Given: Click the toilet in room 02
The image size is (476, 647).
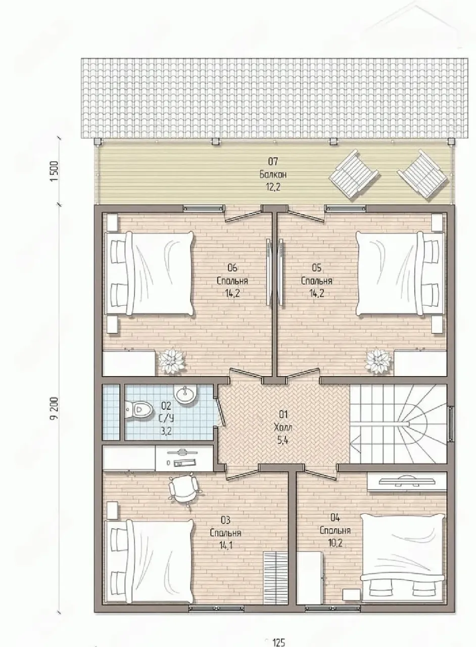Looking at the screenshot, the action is tap(139, 409).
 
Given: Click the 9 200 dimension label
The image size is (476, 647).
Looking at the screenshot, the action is tap(56, 408).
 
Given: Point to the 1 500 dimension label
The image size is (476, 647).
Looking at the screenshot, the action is tap(55, 171).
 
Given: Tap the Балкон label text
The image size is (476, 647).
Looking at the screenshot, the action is tap(273, 174).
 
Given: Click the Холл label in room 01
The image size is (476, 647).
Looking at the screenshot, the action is tap(283, 428).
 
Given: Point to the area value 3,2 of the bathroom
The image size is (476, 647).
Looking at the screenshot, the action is tap(166, 432).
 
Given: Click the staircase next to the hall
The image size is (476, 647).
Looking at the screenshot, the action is tap(399, 424).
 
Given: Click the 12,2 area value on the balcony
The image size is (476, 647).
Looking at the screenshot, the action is tap(273, 188).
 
